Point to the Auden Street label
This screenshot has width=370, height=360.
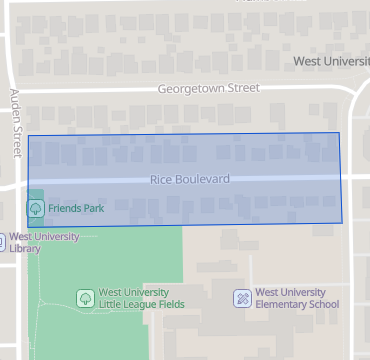(15, 123)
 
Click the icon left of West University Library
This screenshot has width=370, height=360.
(2, 241)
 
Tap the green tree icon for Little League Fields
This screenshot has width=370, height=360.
(85, 298)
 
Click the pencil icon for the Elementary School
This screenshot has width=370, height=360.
(241, 298)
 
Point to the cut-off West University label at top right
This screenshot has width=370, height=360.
(331, 62)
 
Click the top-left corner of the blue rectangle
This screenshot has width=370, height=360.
(28, 135)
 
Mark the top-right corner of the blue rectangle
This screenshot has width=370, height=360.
(339, 132)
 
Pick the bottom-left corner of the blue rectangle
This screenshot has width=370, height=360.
(28, 227)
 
